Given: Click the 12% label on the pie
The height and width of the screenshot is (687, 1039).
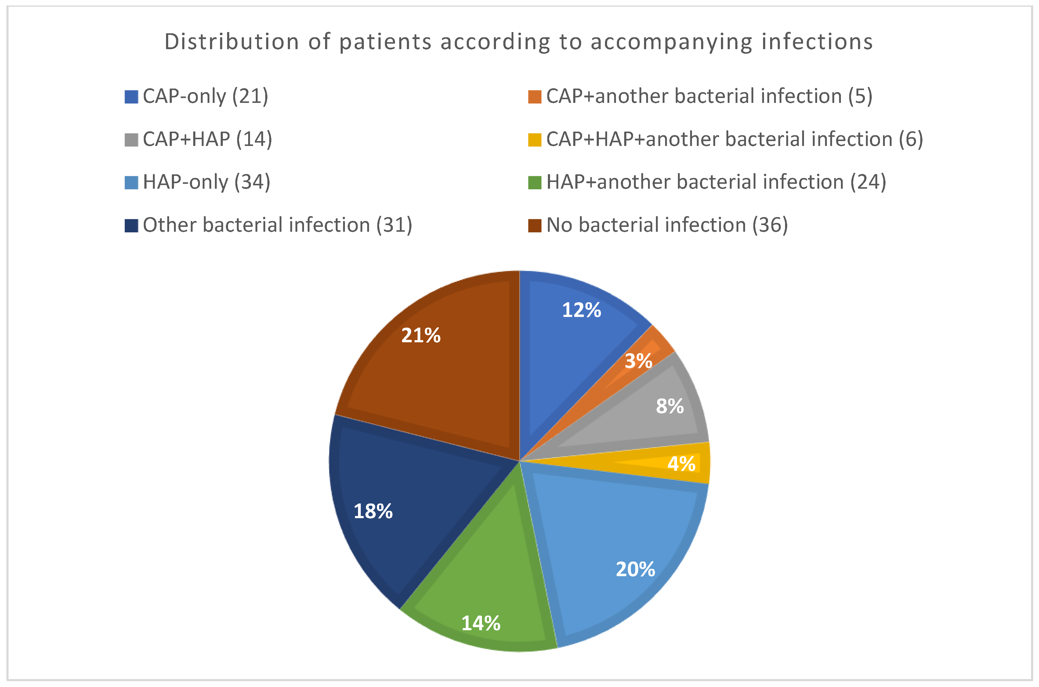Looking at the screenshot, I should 581,310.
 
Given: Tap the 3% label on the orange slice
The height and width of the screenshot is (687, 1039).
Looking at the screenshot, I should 638,361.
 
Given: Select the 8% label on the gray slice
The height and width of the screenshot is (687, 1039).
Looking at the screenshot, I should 670,406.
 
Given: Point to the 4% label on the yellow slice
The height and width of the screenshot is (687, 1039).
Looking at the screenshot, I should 682,463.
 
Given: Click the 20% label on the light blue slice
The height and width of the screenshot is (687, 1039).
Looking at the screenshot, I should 635,569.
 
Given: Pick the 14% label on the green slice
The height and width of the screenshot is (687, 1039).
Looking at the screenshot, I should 480,623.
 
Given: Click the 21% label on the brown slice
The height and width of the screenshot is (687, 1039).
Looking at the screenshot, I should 421,336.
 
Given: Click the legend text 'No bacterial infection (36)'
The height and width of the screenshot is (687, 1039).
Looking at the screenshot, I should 667,225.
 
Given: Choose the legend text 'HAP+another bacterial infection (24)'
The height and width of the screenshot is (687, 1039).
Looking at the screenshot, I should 716,182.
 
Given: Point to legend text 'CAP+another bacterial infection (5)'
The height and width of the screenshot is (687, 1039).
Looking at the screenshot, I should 709,96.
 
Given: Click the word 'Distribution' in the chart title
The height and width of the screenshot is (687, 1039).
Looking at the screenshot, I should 232,42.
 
